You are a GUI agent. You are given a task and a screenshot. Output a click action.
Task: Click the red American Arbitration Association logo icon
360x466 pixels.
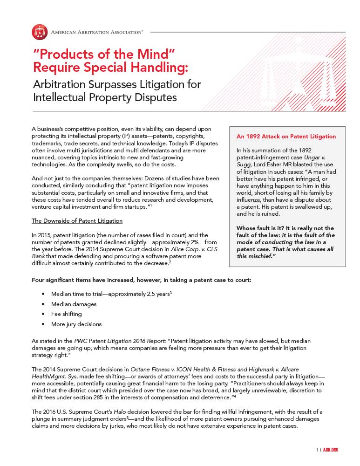tap(40, 32)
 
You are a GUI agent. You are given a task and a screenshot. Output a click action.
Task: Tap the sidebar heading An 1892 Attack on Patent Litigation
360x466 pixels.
tap(286, 137)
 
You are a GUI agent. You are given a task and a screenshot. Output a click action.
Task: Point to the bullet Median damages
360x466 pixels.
tap(74, 304)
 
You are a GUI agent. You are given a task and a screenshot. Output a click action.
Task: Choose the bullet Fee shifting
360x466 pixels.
tap(66, 314)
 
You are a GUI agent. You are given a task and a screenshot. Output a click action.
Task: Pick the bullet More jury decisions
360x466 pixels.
tap(76, 324)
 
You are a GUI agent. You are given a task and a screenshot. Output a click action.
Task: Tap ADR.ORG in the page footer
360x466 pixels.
tap(330, 450)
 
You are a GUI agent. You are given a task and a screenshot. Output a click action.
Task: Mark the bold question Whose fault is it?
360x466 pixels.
tap(265, 228)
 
